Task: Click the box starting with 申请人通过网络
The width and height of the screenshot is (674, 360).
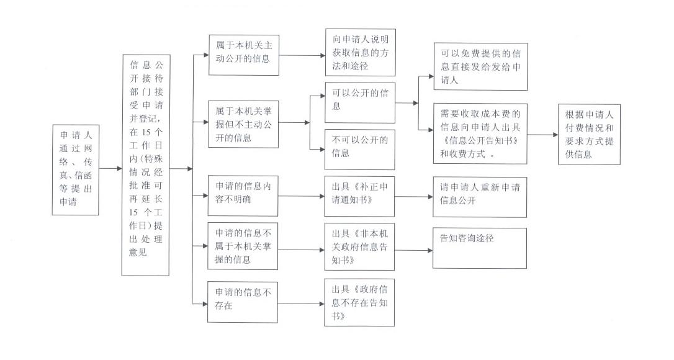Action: (x=75, y=169)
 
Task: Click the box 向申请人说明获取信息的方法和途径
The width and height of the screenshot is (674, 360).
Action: (x=360, y=52)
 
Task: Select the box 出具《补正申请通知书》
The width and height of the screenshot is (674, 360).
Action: (x=360, y=196)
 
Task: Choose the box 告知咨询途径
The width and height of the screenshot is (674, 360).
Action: (x=480, y=248)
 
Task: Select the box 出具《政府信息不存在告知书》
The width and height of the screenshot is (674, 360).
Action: (x=360, y=303)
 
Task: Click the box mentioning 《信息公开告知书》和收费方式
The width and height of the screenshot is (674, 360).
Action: (x=480, y=133)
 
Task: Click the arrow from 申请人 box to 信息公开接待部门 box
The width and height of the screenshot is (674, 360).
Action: (x=110, y=168)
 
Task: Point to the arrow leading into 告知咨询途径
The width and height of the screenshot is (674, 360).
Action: (x=413, y=250)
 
